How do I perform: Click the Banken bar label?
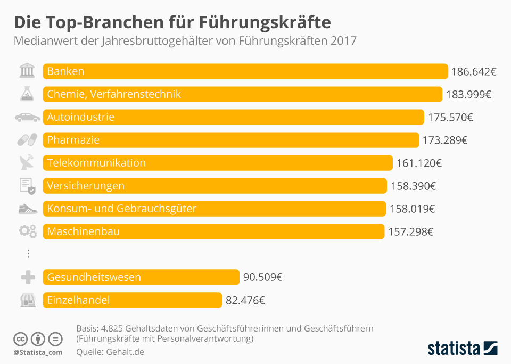[x=65, y=71]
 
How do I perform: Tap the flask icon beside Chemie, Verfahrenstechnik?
[x=27, y=94]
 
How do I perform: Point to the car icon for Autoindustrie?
[x=27, y=117]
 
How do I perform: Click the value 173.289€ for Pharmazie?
[x=444, y=140]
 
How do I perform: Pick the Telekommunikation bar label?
[x=96, y=163]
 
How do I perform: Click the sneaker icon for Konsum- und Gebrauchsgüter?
[x=27, y=209]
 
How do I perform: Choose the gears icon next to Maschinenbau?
[x=27, y=231]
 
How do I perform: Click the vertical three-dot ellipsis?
[x=28, y=254]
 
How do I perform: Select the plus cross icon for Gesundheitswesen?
[x=27, y=277]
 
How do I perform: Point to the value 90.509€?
[x=263, y=277]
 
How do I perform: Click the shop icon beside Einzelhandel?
[x=27, y=300]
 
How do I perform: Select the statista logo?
[x=462, y=349]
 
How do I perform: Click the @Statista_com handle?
[x=38, y=352]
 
